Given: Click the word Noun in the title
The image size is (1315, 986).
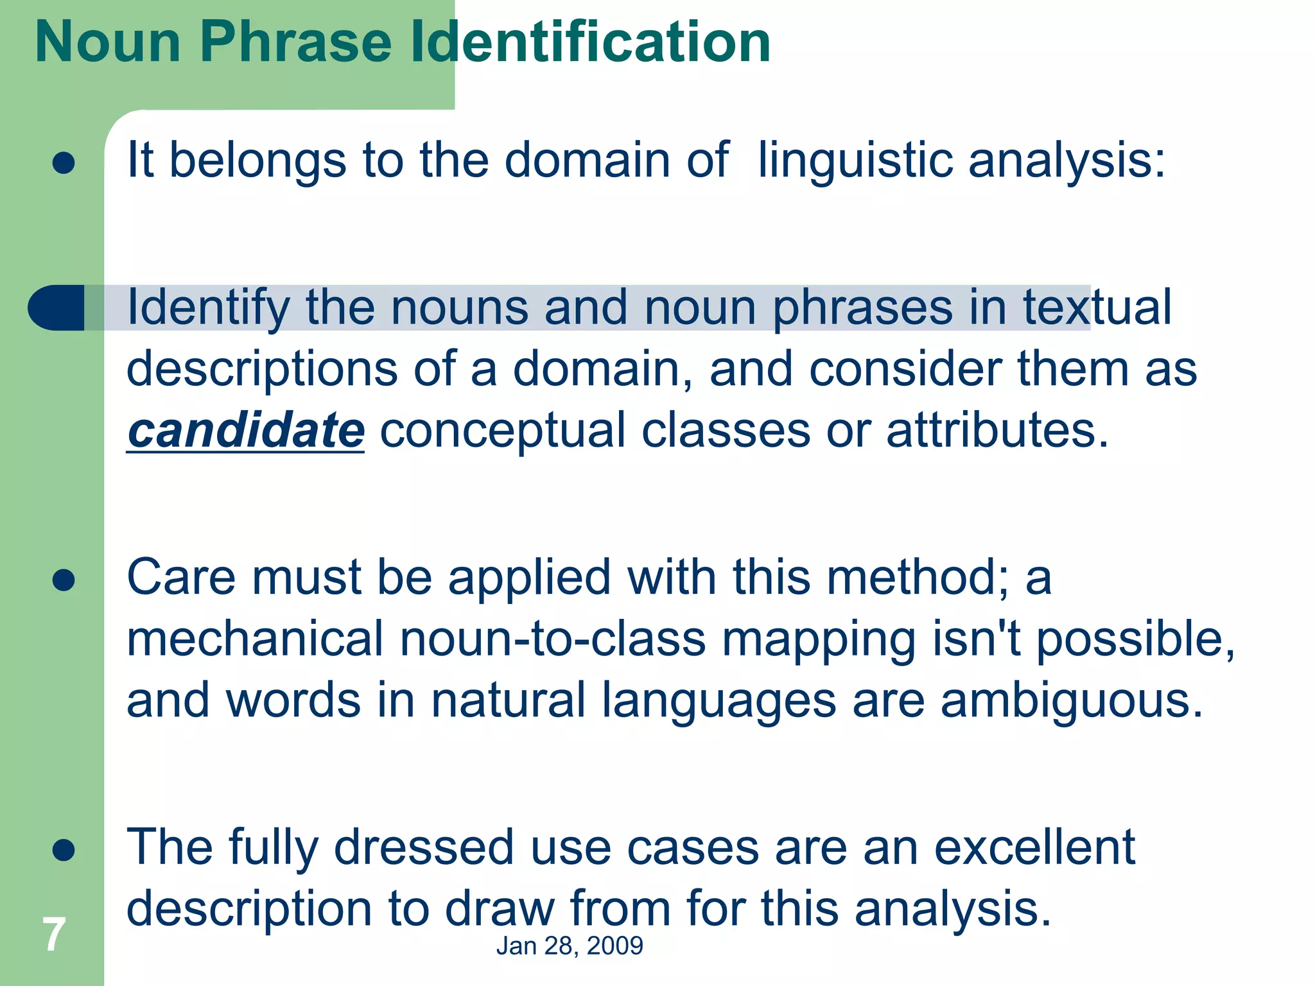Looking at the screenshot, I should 108,42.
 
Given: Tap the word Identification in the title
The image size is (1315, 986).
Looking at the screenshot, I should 590,42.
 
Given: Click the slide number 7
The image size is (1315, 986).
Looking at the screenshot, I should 53,935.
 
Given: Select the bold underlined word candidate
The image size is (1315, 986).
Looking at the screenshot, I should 246,431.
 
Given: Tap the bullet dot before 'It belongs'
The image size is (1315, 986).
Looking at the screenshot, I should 64,163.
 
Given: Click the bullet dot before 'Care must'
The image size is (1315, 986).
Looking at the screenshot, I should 64,580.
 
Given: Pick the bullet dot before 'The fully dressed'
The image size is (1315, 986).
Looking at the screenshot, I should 64,850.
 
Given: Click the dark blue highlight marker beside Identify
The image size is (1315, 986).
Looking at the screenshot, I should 57,307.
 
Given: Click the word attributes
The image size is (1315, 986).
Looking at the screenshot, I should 997,431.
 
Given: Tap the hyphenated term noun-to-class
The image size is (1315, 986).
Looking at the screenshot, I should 553,639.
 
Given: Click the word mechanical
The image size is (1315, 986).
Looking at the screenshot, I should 255,639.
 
